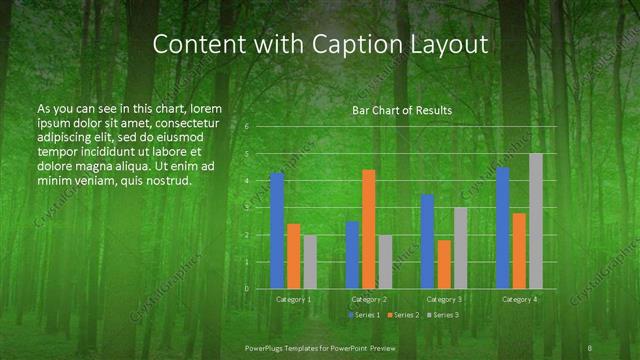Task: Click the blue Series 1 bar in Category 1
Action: [x=277, y=231]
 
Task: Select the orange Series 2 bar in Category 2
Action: [x=369, y=229]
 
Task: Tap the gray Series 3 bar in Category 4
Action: [x=536, y=221]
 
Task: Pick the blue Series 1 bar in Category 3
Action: [x=428, y=241]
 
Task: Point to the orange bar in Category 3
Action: [x=444, y=264]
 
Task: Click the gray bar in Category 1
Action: [x=310, y=262]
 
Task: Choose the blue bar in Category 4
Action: [x=503, y=228]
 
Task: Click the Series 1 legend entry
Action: [x=364, y=315]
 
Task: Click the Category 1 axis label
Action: [x=293, y=299]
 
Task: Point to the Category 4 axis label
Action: [x=519, y=299]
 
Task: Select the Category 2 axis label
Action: [x=369, y=299]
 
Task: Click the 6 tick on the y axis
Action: [x=247, y=128]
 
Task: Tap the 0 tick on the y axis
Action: [x=247, y=289]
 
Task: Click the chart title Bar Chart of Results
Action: [x=402, y=110]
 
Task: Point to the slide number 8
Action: [x=591, y=347]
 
